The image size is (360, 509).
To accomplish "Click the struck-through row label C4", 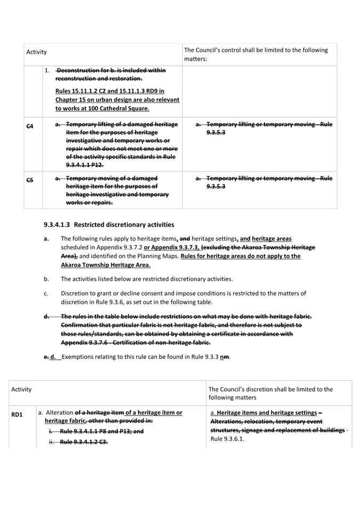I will coord(30,126).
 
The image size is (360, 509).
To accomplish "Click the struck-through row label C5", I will coord(30,180).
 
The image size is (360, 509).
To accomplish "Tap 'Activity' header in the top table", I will coord(36,52).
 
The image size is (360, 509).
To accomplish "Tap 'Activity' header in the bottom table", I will coord(21,389).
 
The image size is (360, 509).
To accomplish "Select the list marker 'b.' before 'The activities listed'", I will coord(46,279).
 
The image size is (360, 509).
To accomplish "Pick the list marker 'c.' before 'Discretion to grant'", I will coord(46,293).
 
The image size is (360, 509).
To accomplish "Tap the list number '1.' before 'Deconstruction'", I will coord(47,70).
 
